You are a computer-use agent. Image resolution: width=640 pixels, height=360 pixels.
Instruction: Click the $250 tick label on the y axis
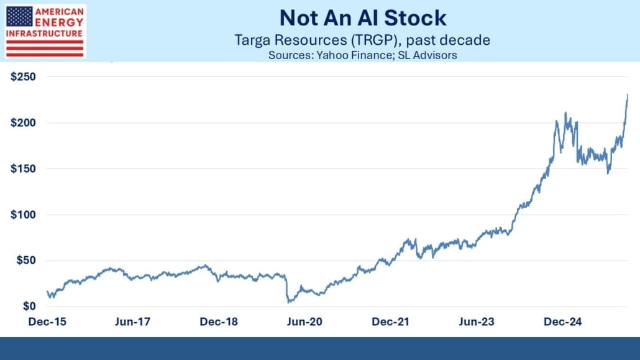coord(22,77)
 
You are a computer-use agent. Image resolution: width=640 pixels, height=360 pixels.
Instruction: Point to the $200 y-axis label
coord(22,123)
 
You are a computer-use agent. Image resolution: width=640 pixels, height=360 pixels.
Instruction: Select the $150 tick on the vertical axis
coord(22,169)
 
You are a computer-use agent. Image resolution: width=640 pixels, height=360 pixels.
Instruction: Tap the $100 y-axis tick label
coord(22,215)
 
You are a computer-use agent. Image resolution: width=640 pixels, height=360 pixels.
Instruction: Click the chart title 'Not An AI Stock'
coord(362,18)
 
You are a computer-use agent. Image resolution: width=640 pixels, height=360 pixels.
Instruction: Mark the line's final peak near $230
coord(628,95)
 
